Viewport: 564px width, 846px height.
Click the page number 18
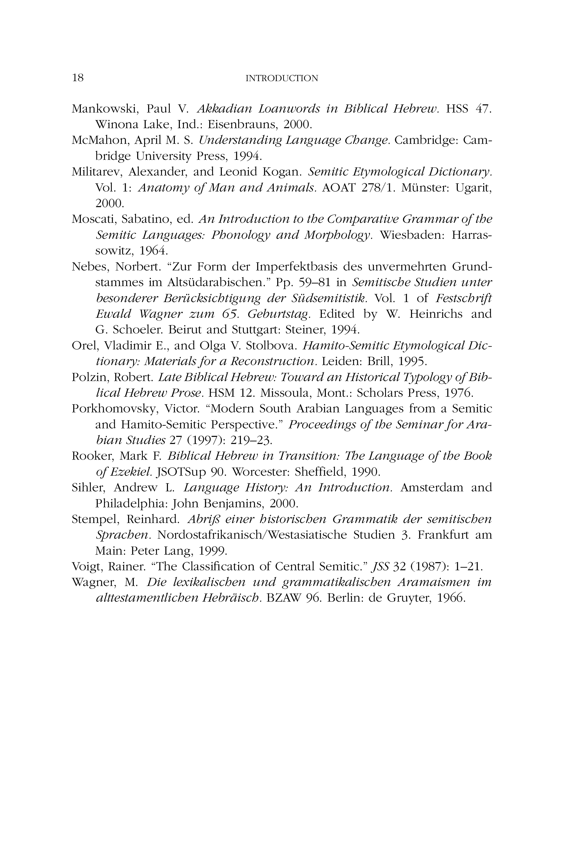[78, 78]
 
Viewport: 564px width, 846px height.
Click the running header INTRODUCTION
[282, 78]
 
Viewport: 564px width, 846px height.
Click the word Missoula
[283, 393]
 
